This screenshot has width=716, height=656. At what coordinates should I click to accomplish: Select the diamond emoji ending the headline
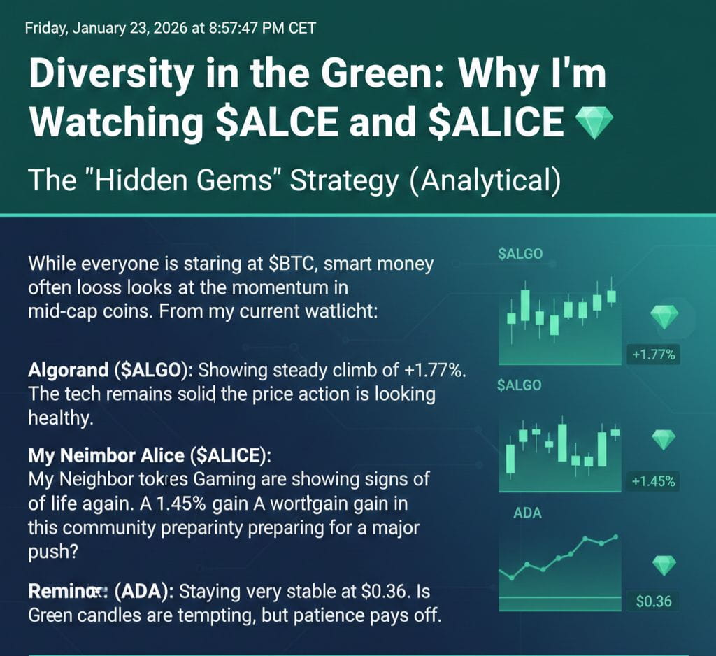(x=592, y=123)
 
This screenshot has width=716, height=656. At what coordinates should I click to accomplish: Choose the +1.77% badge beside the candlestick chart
(x=653, y=355)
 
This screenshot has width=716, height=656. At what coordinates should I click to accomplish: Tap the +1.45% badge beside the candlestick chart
(x=653, y=481)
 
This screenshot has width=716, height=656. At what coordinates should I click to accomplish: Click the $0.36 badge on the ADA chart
(x=654, y=601)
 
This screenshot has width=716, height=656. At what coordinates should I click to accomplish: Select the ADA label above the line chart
(x=527, y=513)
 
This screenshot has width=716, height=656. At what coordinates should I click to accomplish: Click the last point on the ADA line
(x=615, y=537)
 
